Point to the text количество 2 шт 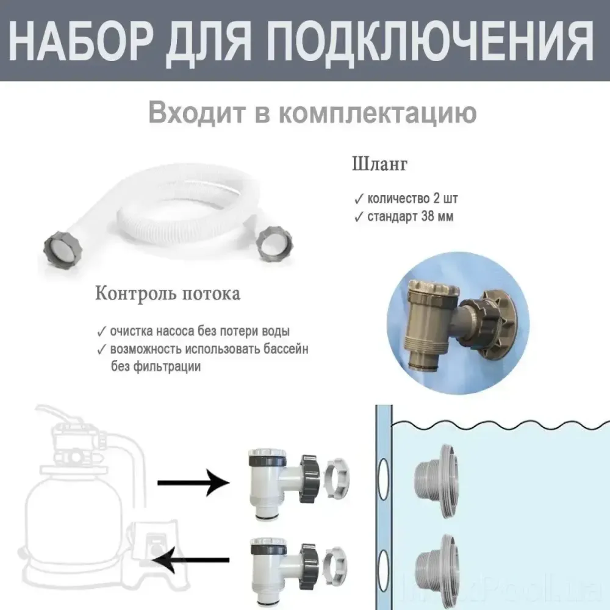(x=411, y=199)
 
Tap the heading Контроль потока (x=168, y=293)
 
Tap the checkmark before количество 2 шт (x=357, y=199)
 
